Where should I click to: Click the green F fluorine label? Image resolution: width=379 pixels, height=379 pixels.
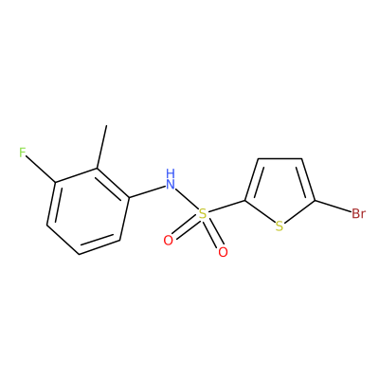pos(22,153)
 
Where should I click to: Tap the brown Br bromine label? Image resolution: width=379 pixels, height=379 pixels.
pos(358,214)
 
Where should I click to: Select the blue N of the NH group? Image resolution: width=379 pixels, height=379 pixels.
pos(171,184)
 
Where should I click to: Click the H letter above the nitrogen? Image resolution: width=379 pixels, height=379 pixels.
pos(171,173)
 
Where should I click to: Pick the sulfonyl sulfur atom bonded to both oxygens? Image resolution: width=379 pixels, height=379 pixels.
pos(202,214)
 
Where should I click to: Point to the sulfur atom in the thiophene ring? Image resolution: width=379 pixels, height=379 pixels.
pos(280,226)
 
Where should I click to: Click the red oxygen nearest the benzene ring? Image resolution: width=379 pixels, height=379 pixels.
pos(169,241)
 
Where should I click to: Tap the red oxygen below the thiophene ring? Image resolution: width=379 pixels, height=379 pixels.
pos(223,252)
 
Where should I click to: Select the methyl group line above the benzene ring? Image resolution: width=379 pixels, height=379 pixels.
pos(102,147)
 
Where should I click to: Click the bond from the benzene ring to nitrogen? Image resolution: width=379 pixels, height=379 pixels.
pos(148,192)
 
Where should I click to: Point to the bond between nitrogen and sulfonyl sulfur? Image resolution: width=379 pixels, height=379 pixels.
pos(186,199)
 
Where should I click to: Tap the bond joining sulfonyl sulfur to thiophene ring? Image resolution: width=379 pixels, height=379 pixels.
pos(226,207)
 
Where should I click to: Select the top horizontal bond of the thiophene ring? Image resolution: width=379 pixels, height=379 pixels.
pos(280,158)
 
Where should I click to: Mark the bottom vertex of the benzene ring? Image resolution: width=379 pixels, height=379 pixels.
pos(79,254)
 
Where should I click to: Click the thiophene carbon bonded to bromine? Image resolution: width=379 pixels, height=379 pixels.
pos(315,200)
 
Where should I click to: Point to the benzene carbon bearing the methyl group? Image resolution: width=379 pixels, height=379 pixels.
pos(97,169)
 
